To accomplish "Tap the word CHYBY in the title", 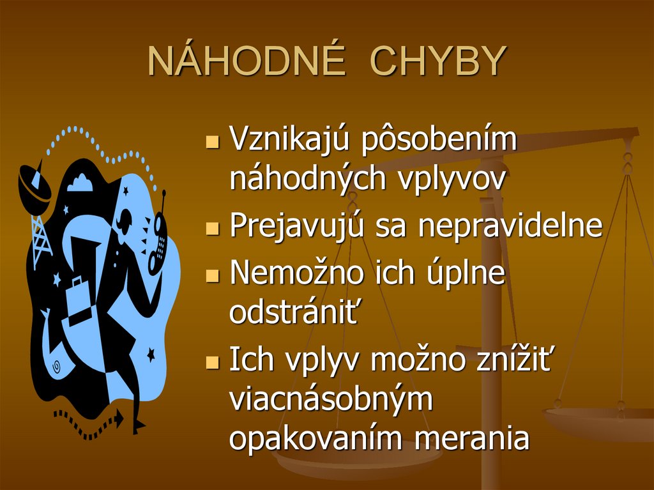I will (438, 62).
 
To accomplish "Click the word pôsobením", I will (439, 139).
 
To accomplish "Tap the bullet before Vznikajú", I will (213, 141).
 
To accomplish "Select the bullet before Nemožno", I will (213, 276).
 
